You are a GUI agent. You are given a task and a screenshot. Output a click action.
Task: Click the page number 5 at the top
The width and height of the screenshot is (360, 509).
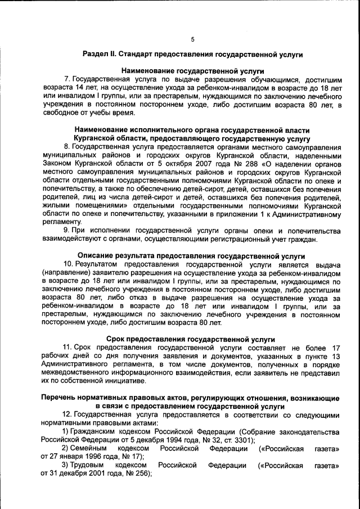tap(192, 39)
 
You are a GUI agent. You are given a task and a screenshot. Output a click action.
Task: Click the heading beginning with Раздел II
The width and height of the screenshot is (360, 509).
tap(192, 55)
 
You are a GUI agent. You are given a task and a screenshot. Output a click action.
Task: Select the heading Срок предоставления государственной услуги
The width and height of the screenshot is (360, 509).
tap(191, 339)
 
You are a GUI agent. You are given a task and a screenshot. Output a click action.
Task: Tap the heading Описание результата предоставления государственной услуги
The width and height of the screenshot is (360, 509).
tap(191, 255)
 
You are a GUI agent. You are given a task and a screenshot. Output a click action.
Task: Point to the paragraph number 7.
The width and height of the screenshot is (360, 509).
tap(66, 80)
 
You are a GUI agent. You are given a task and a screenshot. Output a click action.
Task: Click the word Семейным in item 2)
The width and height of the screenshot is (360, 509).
tap(89, 449)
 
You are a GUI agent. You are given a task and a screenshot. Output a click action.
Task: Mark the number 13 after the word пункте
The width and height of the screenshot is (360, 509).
tap(335, 357)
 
